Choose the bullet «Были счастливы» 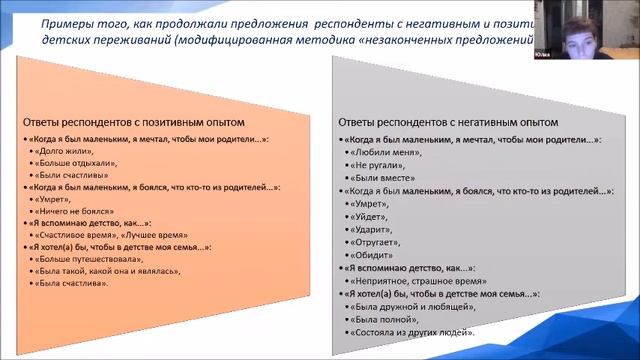(x=72, y=174)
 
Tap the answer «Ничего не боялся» (x=74, y=212)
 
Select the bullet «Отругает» (x=376, y=241)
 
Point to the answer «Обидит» (x=372, y=254)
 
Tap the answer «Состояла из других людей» (x=410, y=331)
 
